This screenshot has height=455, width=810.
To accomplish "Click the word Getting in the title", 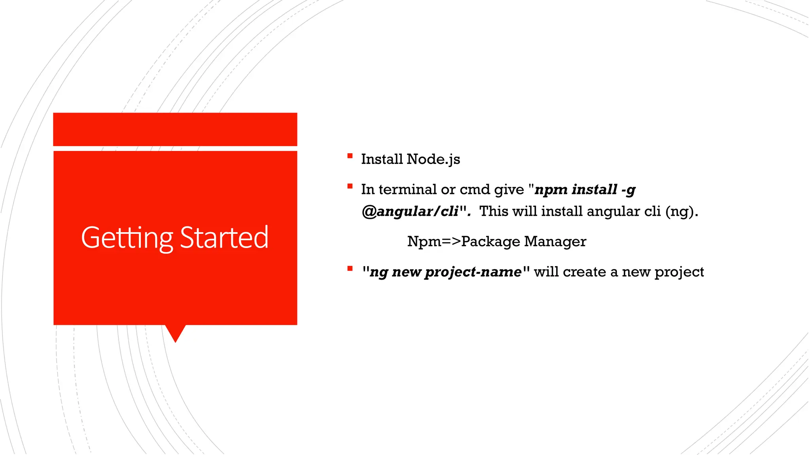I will (127, 238).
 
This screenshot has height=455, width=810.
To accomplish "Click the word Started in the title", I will (224, 238).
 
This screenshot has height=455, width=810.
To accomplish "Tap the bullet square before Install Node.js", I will (350, 156).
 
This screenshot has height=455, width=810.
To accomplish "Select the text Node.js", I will (433, 159).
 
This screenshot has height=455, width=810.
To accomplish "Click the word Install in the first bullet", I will (382, 159).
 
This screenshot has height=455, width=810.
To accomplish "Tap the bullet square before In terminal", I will (350, 186).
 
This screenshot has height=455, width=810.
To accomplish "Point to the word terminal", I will (407, 190).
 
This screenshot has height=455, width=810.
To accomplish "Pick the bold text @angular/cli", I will (410, 212).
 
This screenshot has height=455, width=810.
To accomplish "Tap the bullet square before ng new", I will (350, 269).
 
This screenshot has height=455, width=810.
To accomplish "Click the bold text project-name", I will (473, 272).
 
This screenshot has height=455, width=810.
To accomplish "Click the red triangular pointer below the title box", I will (175, 333).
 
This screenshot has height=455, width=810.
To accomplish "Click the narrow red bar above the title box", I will (175, 129).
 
